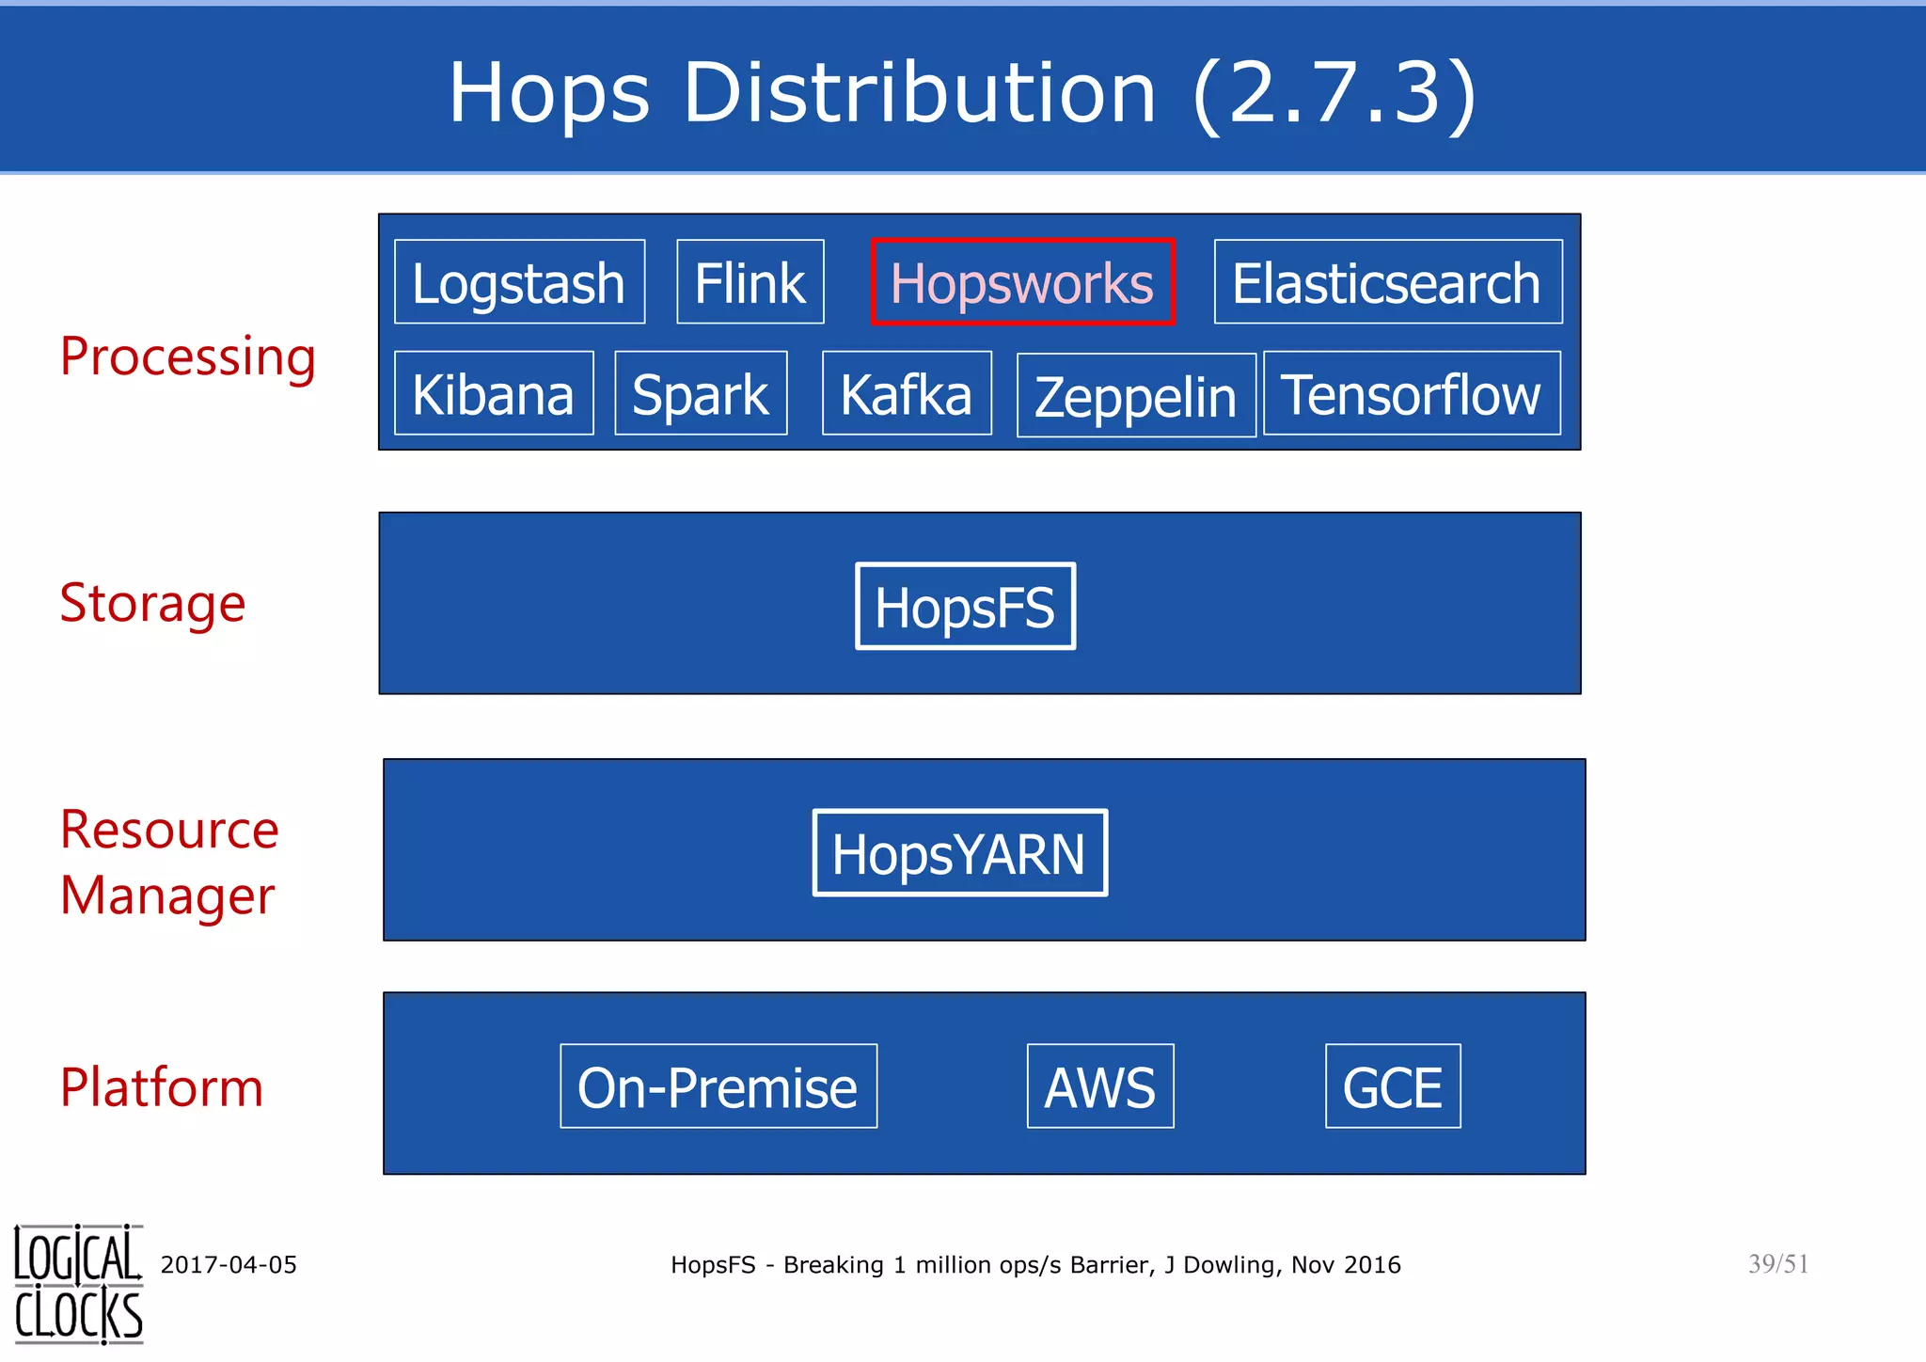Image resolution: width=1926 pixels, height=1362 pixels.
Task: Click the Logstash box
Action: [519, 282]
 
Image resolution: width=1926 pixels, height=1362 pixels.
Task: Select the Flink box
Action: [750, 282]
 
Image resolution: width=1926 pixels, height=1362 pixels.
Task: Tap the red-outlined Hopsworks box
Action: [1022, 282]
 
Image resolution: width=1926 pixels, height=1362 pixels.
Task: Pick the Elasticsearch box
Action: [1387, 282]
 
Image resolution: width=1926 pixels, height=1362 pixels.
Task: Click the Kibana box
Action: [494, 393]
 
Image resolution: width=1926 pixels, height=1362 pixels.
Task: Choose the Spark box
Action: [701, 393]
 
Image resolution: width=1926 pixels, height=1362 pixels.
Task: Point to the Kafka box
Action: [907, 393]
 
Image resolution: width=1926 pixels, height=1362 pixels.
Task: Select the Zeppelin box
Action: [1136, 395]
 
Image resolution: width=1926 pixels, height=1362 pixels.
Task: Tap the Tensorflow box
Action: [1412, 393]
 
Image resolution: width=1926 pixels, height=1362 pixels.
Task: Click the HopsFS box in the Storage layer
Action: [965, 607]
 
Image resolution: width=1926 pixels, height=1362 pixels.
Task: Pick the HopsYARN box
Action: [959, 853]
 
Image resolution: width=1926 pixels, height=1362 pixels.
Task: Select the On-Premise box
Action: [718, 1086]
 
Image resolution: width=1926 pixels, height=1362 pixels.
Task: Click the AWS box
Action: [1100, 1086]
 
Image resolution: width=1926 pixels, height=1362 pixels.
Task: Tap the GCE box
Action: [1393, 1086]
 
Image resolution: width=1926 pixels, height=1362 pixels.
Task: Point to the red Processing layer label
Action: [188, 357]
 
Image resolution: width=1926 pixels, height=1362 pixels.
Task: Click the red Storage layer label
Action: [152, 603]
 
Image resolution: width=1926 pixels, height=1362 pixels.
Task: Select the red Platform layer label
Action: [162, 1087]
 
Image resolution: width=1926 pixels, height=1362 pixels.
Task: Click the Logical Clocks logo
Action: [79, 1284]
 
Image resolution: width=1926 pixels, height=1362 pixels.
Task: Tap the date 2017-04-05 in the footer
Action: [229, 1265]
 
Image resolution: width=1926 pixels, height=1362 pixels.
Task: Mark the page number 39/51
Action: [1778, 1264]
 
